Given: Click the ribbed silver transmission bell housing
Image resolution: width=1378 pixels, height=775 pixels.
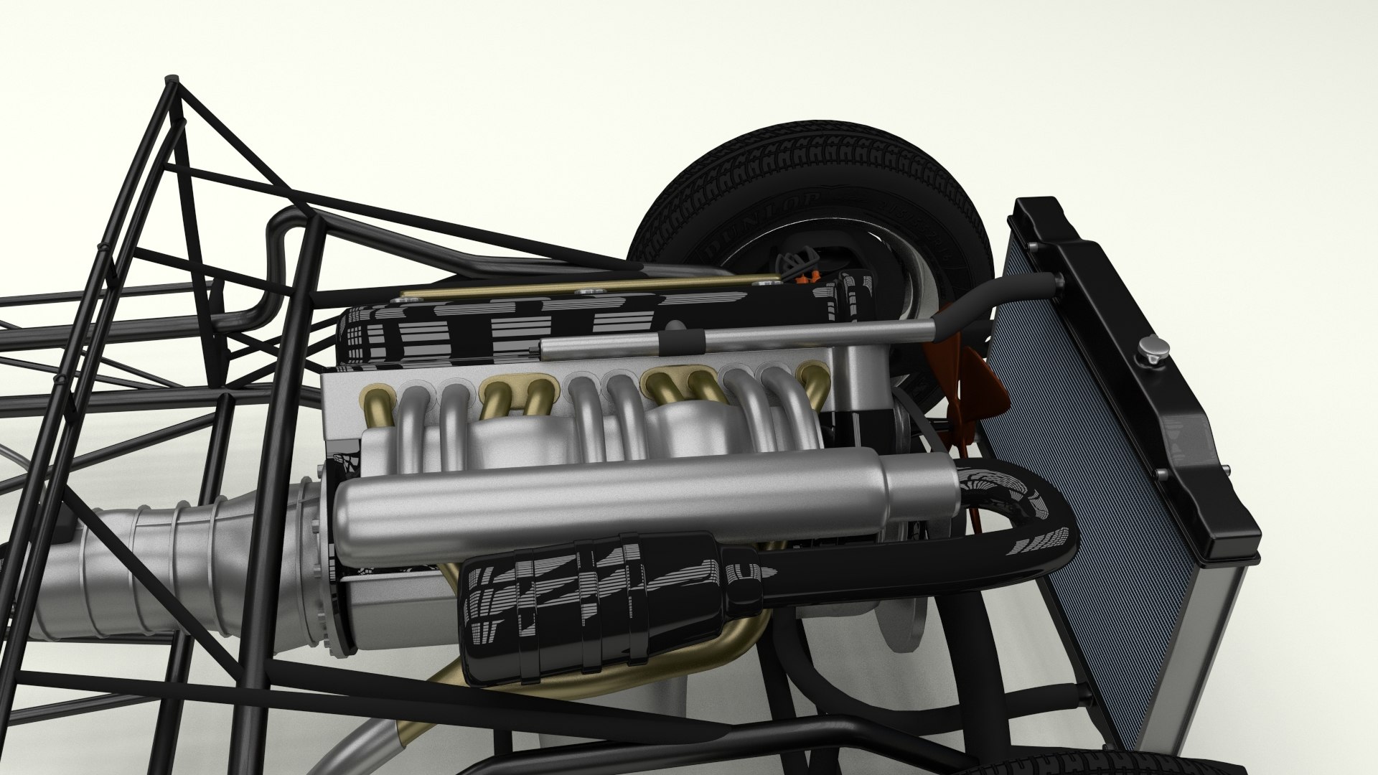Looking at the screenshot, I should [x=179, y=567].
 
